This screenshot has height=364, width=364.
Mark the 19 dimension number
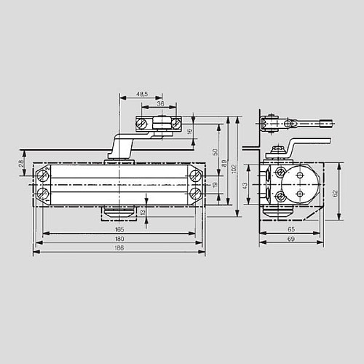coord(215,185)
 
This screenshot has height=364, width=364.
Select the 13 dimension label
coord(143,213)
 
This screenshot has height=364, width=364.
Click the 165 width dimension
coord(119,229)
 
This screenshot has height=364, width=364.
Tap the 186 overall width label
coord(119,248)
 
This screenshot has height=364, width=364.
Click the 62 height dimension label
coord(336,194)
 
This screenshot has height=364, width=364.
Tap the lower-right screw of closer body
coord(195,193)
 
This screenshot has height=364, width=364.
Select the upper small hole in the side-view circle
coord(299,175)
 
